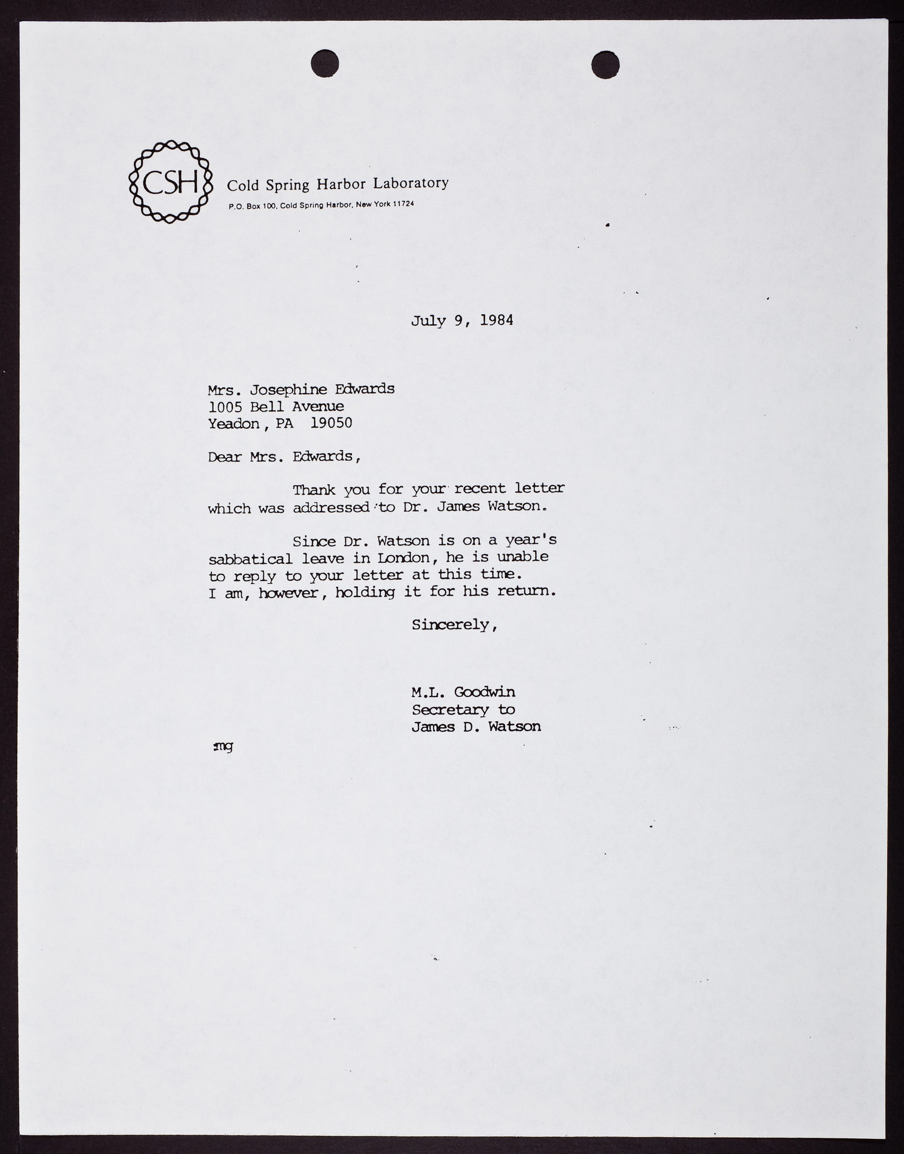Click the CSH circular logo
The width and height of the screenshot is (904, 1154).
(x=171, y=181)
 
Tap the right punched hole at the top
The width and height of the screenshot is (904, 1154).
(x=605, y=63)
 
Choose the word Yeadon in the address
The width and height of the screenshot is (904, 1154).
(x=233, y=423)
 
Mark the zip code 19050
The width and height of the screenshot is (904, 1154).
(x=331, y=423)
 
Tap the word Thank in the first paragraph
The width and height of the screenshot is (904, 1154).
(x=314, y=489)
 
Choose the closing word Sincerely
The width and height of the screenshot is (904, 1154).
(x=453, y=625)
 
